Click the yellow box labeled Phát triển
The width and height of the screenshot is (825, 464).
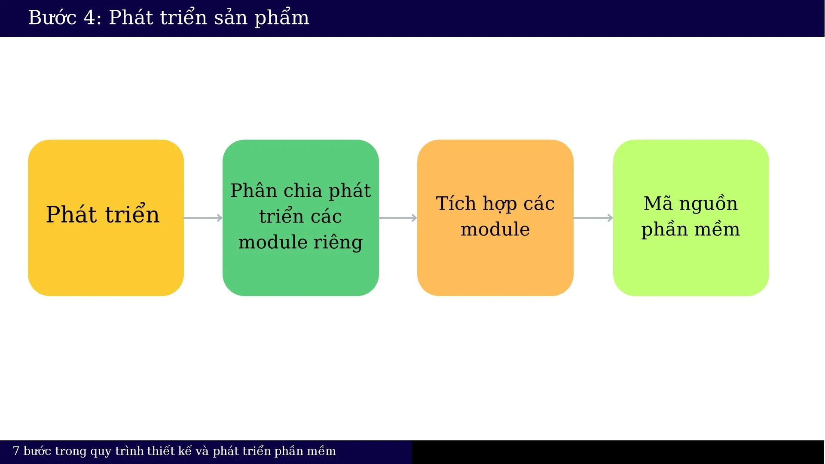106,218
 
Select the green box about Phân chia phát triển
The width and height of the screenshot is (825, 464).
300,218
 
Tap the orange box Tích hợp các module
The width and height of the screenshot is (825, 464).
495,218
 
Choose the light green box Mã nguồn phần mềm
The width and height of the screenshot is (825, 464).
691,218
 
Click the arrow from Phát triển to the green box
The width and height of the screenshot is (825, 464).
203,218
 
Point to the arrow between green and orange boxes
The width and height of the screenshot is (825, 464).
398,218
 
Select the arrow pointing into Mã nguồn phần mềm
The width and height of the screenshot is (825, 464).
593,218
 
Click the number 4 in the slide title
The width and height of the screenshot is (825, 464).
89,18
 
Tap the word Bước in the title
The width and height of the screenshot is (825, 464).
52,18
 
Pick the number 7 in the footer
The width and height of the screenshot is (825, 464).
16,451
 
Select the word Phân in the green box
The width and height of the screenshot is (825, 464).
254,191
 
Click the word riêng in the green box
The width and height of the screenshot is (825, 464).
338,243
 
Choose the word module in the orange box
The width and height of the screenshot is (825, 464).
495,229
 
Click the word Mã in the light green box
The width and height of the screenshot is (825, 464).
658,204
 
